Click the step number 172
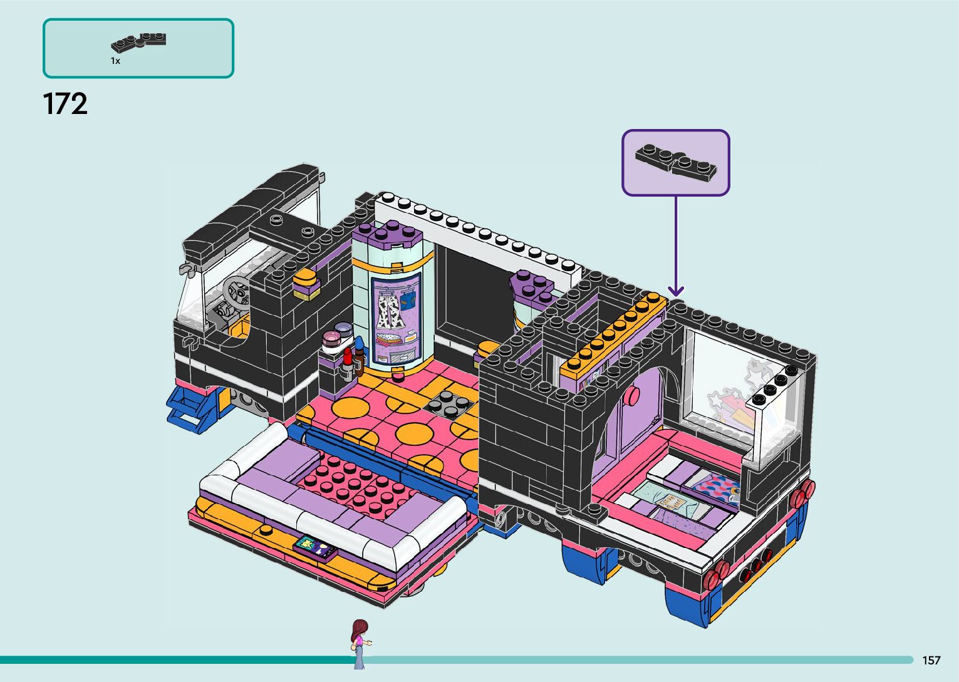65,104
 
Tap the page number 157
931,660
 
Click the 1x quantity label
115,61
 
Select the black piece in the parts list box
138,42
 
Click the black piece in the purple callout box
676,162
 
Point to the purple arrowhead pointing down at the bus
675,291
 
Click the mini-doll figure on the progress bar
360,643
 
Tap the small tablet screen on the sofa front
315,547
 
